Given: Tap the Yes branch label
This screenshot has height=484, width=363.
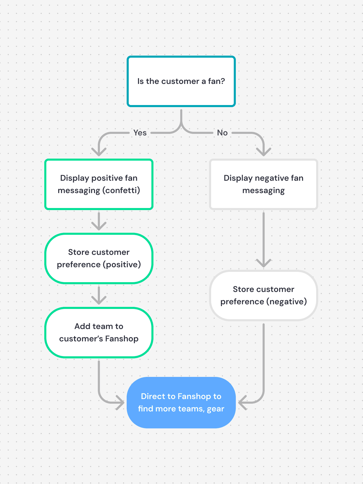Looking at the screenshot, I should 140,133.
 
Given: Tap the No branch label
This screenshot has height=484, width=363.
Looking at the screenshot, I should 222,133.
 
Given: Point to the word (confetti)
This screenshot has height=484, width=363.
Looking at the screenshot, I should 121,191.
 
